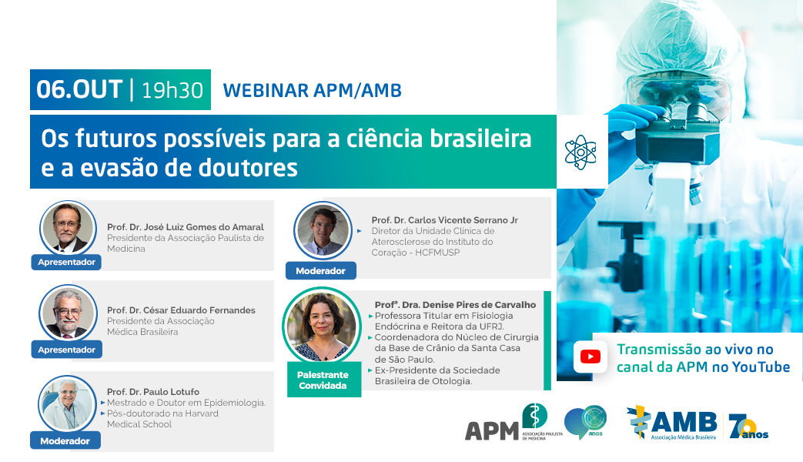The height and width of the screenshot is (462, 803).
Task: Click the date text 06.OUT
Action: tap(79, 89)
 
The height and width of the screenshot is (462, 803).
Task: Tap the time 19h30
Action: tap(172, 91)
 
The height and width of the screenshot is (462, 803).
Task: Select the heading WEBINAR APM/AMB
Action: tap(313, 91)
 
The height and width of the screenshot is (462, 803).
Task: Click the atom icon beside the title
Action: tap(581, 152)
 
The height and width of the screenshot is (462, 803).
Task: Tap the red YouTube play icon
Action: tap(591, 357)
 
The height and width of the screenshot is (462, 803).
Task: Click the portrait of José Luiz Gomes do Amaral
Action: tap(68, 228)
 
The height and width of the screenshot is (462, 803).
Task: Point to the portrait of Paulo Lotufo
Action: tap(67, 404)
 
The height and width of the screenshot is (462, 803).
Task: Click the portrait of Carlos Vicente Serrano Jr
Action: tap(323, 230)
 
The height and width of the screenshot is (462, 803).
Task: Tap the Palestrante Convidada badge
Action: tap(323, 380)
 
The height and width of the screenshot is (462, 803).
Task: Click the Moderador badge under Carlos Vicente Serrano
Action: tap(320, 271)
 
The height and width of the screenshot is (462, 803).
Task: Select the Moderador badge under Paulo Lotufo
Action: tap(65, 441)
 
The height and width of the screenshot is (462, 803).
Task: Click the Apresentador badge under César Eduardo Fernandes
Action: tap(66, 350)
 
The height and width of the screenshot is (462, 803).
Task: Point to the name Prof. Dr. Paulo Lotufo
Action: tap(153, 392)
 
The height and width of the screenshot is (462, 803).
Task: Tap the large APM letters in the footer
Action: tap(492, 431)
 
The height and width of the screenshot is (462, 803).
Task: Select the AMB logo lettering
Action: tap(683, 422)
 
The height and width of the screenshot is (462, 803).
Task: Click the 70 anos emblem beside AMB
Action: tap(748, 426)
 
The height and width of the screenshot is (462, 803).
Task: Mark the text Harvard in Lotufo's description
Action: tap(201, 413)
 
